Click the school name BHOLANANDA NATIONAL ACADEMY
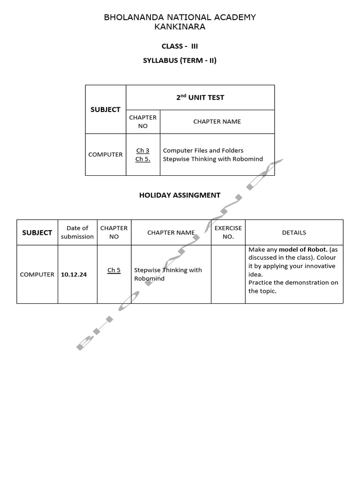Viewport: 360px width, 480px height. click(x=180, y=17)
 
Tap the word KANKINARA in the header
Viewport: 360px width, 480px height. click(x=180, y=27)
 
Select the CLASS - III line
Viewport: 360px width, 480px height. click(x=180, y=46)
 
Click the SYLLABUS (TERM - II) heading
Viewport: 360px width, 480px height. click(x=180, y=60)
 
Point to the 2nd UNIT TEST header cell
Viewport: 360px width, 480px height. click(x=200, y=97)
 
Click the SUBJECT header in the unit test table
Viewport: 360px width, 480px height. click(x=105, y=109)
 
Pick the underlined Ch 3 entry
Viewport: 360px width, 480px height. click(x=143, y=150)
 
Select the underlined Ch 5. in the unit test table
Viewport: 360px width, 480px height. click(x=143, y=159)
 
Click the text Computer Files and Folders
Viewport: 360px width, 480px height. click(x=203, y=150)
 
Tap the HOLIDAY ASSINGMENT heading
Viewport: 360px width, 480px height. click(x=180, y=195)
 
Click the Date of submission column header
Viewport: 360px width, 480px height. click(x=77, y=232)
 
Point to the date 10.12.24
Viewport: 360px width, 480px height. click(x=74, y=275)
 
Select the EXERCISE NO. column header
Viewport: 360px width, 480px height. click(x=228, y=232)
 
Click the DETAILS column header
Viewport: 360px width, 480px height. click(x=294, y=232)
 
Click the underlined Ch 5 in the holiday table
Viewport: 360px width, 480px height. click(x=114, y=270)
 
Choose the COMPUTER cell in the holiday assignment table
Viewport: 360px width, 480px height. click(x=37, y=275)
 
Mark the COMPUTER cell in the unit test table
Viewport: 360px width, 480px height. click(x=105, y=154)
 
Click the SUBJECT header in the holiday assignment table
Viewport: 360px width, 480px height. click(x=37, y=232)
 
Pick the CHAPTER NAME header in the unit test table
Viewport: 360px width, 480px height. click(x=217, y=121)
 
